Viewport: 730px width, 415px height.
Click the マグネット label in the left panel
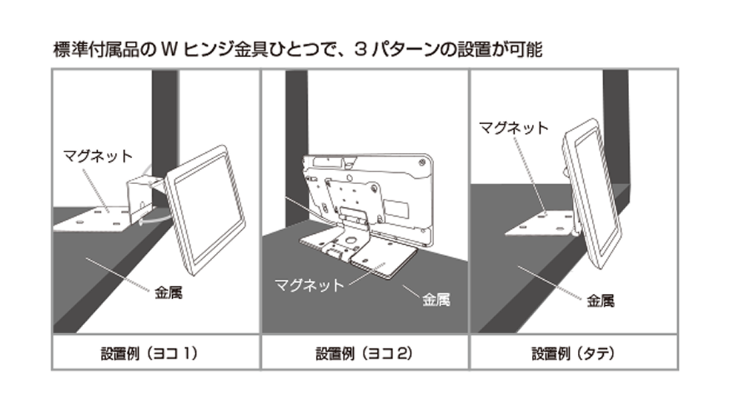[98, 156]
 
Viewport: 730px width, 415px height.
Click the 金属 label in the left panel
[169, 293]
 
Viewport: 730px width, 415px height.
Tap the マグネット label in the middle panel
[309, 284]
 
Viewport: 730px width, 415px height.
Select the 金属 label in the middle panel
[435, 301]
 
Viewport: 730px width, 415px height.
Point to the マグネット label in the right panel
[513, 128]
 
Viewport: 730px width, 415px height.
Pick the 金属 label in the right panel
[600, 301]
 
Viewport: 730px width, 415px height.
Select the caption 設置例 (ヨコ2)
[365, 353]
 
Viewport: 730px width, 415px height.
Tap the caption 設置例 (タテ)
[573, 353]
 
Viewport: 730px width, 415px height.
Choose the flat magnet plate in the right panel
[543, 223]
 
